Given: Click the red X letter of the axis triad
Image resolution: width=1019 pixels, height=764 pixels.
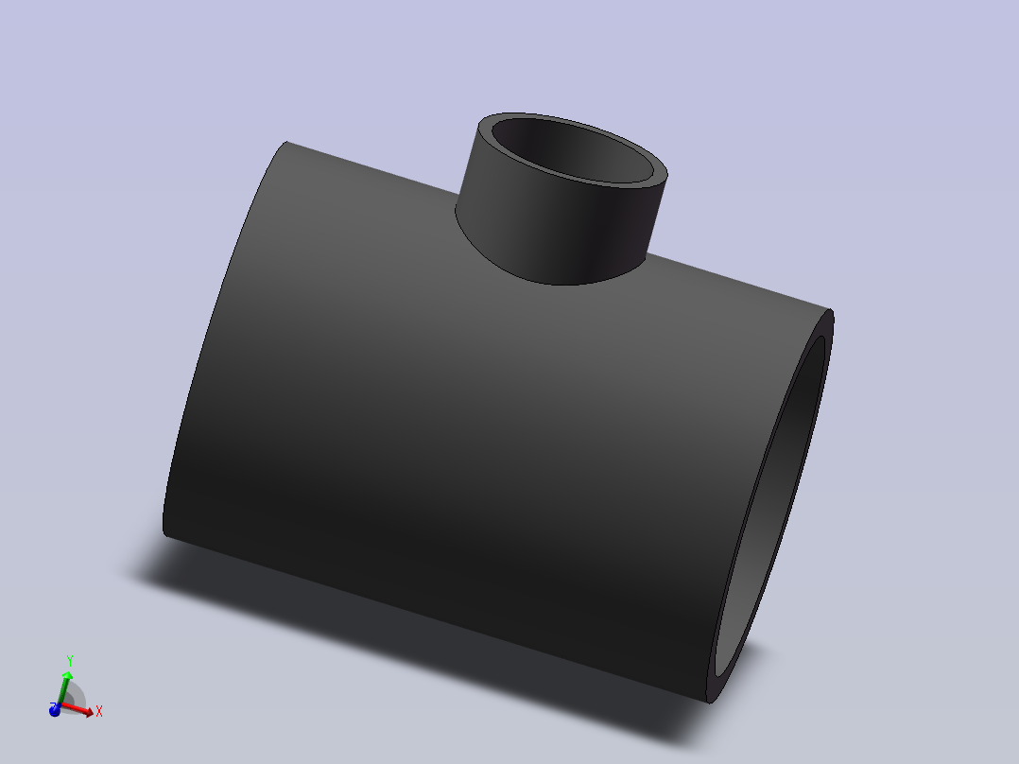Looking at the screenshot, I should coord(99,711).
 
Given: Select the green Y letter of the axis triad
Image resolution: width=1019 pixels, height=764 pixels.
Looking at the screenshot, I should coord(70,661).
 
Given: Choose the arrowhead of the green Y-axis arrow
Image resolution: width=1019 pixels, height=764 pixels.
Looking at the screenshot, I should coord(67,676).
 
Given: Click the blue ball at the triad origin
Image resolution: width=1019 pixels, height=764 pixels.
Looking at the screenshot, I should coord(55,709).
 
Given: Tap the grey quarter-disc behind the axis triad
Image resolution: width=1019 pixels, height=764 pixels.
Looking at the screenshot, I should coord(77,698).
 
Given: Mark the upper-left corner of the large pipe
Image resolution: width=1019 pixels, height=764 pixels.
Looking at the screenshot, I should coord(287,143).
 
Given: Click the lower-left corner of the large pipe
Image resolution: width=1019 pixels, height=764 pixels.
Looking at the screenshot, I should coord(164,535).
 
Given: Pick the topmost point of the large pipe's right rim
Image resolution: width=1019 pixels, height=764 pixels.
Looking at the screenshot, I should coord(831,313).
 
